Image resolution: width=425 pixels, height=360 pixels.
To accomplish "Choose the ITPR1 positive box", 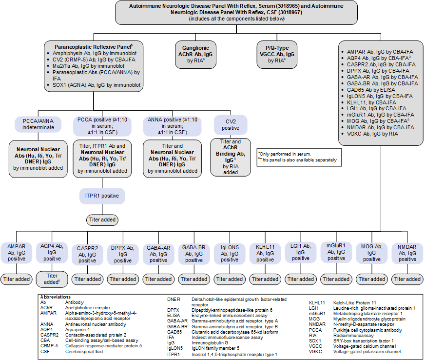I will pos(102,196).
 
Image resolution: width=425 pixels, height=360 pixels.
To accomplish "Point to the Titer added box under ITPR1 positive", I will pos(102,220).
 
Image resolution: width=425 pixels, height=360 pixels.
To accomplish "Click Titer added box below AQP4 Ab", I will pos(52,279).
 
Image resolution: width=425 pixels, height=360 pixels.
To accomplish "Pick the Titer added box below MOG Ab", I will pos(372,279).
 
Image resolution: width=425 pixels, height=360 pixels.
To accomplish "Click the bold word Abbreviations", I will pos(57,297).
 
